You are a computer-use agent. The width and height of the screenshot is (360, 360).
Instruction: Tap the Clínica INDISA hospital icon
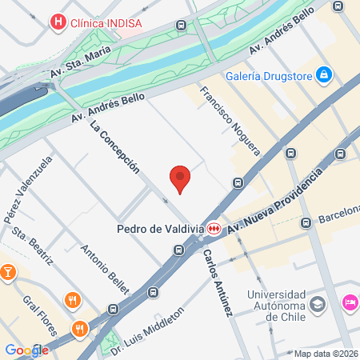pos(57,22)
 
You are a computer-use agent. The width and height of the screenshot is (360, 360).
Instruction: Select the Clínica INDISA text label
pos(106,22)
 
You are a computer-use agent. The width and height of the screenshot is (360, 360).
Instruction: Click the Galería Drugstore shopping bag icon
pos(324,75)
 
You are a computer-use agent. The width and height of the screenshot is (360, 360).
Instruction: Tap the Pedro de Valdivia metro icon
pos(214,229)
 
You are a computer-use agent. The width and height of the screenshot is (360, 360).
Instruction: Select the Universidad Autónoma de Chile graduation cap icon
pos(318,304)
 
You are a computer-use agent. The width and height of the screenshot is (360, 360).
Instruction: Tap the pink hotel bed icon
pos(350,302)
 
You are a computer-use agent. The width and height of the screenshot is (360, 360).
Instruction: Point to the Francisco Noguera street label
pos(230,119)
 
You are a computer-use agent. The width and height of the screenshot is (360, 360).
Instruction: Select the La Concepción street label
pos(115,147)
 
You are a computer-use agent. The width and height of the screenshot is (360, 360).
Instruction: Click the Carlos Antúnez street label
pos(217,281)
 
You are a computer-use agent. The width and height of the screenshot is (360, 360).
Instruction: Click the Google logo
pos(26,350)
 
